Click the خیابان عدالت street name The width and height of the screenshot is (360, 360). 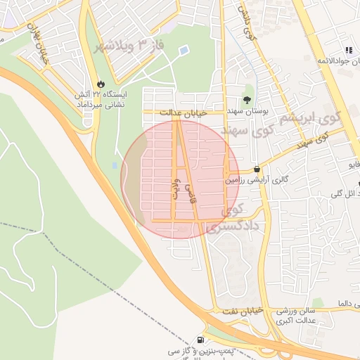[x=184, y=112]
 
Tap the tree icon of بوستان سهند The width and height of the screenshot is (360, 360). [x=247, y=99]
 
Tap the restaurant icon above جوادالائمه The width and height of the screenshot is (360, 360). [x=348, y=50]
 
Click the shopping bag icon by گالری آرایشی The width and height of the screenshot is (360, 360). [x=257, y=169]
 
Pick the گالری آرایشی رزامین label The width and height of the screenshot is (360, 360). [x=257, y=181]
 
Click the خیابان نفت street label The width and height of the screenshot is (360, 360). [x=243, y=311]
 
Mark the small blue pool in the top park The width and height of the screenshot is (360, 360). [x=184, y=51]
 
